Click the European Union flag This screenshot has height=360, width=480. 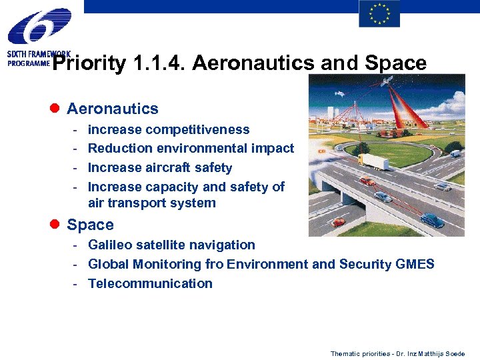(x=379, y=14)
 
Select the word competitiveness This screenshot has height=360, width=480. (x=197, y=129)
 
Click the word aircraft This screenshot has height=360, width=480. (x=173, y=167)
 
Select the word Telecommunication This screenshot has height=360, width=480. (x=150, y=283)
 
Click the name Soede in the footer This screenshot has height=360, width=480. (x=455, y=353)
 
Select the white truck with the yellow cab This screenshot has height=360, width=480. (x=373, y=161)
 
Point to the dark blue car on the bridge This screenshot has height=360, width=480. (x=433, y=219)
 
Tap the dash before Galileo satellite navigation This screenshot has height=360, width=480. (x=77, y=245)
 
